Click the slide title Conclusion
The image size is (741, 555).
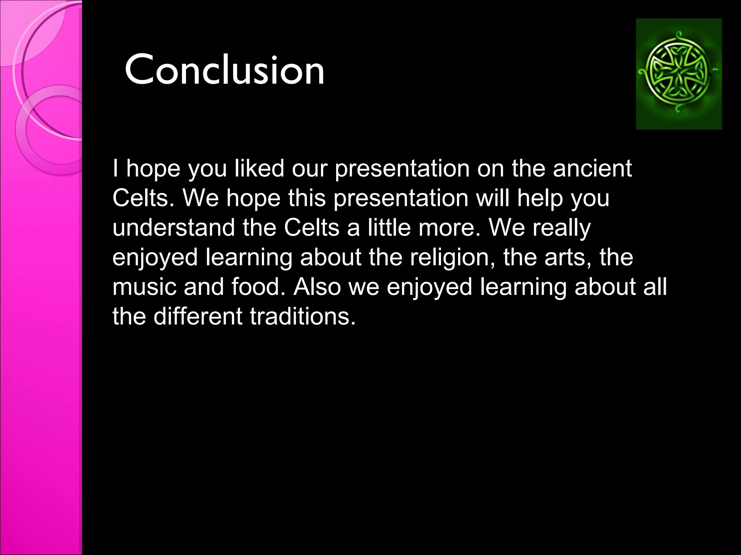pos(224,69)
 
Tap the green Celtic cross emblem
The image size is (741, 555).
pos(678,74)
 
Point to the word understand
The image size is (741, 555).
pos(174,228)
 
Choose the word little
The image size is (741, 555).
pos(389,228)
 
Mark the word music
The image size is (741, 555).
pos(144,287)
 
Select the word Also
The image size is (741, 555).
pos(317,287)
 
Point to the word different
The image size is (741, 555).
pos(198,317)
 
